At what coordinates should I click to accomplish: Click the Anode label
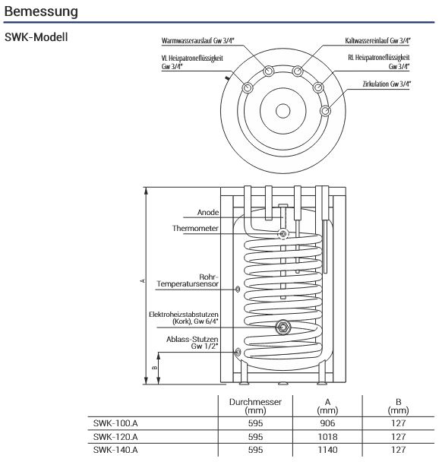[208, 212]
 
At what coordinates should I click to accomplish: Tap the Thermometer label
[196, 228]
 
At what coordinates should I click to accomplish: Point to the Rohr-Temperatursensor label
[188, 280]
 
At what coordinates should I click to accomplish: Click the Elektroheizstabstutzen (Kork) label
[185, 318]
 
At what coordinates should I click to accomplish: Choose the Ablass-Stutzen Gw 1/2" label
[192, 342]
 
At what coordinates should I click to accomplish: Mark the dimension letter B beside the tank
[155, 366]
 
